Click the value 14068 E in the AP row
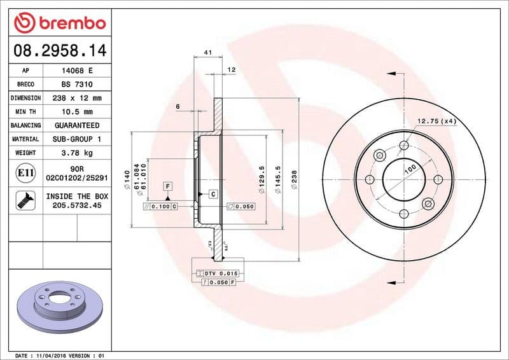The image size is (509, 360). pos(77,71)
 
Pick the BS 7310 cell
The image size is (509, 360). pos(77,85)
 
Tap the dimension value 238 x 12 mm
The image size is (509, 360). pos(77,99)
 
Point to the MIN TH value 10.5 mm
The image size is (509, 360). pos(77,112)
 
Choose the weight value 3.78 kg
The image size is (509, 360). pos(77,153)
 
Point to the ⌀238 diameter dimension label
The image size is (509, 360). pos(294,179)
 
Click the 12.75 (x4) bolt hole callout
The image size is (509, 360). pos(436,121)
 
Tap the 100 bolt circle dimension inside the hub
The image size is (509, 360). pos(410,169)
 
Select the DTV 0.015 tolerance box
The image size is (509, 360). pos(217,273)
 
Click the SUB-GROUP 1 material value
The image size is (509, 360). pos(77,139)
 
